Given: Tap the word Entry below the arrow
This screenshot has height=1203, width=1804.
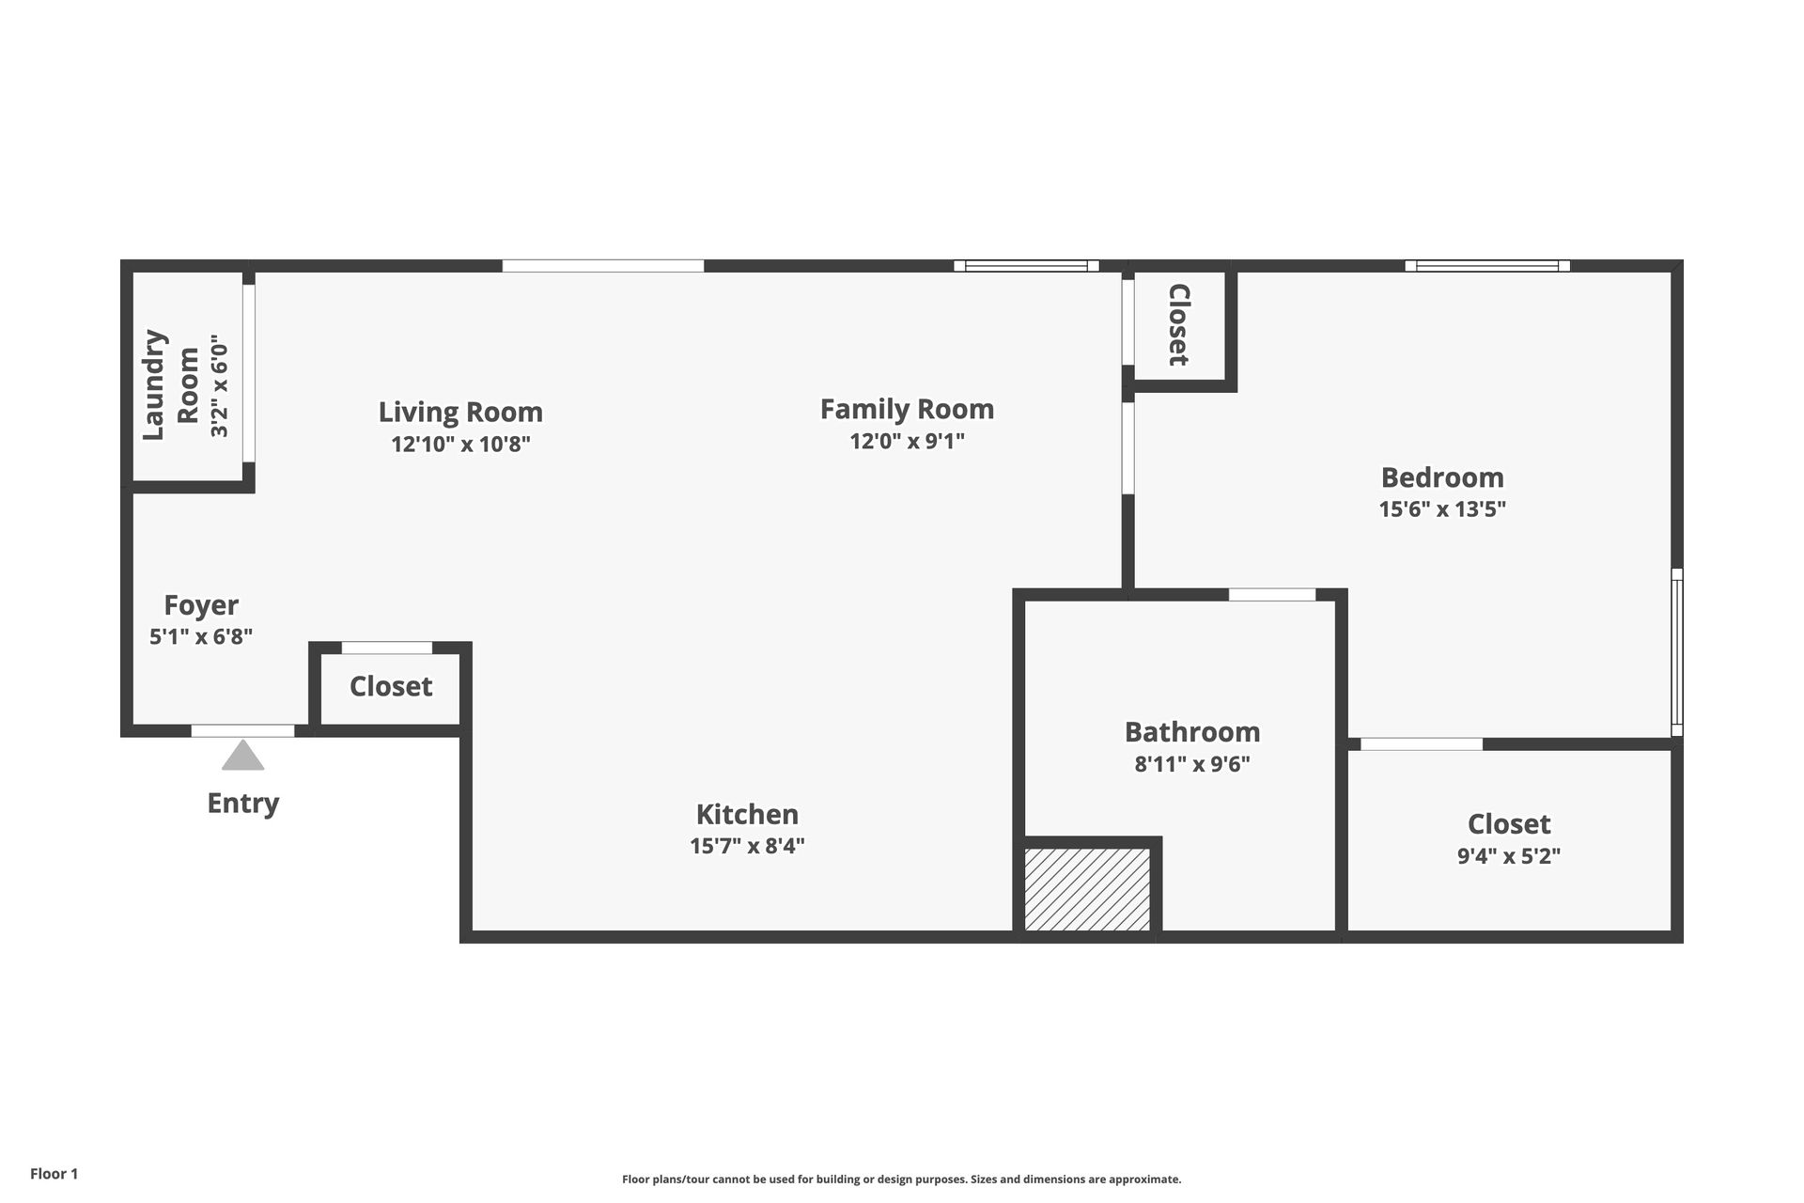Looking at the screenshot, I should coord(242,804).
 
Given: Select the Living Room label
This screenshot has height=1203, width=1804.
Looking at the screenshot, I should coord(460,412).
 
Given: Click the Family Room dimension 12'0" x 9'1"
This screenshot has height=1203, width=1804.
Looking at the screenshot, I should coord(907,441).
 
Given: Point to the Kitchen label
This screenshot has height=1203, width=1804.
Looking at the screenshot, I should coord(747,814).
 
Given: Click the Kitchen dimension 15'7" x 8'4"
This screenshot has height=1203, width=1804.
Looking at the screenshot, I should coord(747,846).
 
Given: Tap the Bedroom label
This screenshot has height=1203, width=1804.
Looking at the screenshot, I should coord(1442,477).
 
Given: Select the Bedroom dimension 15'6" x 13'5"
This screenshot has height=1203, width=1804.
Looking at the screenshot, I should coord(1442,509).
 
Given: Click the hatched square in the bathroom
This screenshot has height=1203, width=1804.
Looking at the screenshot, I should coord(1087,889).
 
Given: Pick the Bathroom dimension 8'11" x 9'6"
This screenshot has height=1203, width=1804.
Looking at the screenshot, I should coord(1192,764).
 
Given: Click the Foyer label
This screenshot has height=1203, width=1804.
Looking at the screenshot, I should coord(201,604).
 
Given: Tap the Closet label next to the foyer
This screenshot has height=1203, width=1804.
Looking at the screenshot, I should coord(391,686).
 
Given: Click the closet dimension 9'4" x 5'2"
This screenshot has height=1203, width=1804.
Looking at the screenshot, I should coord(1508,856).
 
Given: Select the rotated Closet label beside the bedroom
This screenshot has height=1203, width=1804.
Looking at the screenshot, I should coord(1178,325).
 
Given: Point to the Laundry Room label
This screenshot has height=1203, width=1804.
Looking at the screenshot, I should coord(171,384).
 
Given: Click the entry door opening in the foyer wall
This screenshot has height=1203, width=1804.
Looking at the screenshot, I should coord(242,731).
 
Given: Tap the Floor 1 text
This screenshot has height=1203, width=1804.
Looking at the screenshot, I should coord(54,1174).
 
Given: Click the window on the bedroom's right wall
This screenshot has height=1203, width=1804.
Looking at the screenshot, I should coord(1677,651).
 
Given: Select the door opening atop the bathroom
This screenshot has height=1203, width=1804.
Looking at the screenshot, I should coord(1272,595).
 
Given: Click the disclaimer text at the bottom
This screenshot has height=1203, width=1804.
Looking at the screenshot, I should coord(901,1180).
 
